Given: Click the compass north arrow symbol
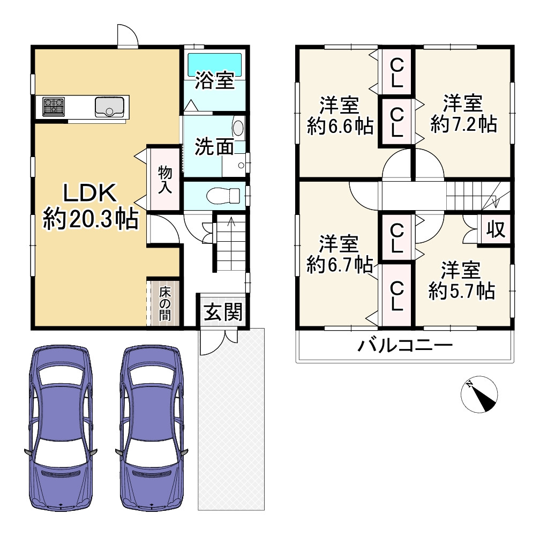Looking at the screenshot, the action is [479, 394].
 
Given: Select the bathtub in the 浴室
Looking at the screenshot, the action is [214, 64].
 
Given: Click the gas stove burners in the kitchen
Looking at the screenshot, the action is [54, 107].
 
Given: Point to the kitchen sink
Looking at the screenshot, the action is [109, 107].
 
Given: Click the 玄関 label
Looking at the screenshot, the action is [223, 312].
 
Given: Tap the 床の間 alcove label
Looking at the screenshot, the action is [165, 304].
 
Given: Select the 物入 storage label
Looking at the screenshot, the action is [165, 180].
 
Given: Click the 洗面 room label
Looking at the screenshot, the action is [214, 146].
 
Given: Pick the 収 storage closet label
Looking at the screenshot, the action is [496, 229].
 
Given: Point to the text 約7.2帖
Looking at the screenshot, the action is [463, 124].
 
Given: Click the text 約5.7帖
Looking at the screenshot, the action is [462, 292].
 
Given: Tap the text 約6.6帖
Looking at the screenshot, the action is [340, 126].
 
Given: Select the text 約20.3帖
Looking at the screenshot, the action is [91, 219].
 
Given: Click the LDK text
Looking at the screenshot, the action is [90, 193].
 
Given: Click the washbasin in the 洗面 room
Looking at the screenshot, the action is [238, 128].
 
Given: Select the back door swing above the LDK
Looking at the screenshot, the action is [127, 35].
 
